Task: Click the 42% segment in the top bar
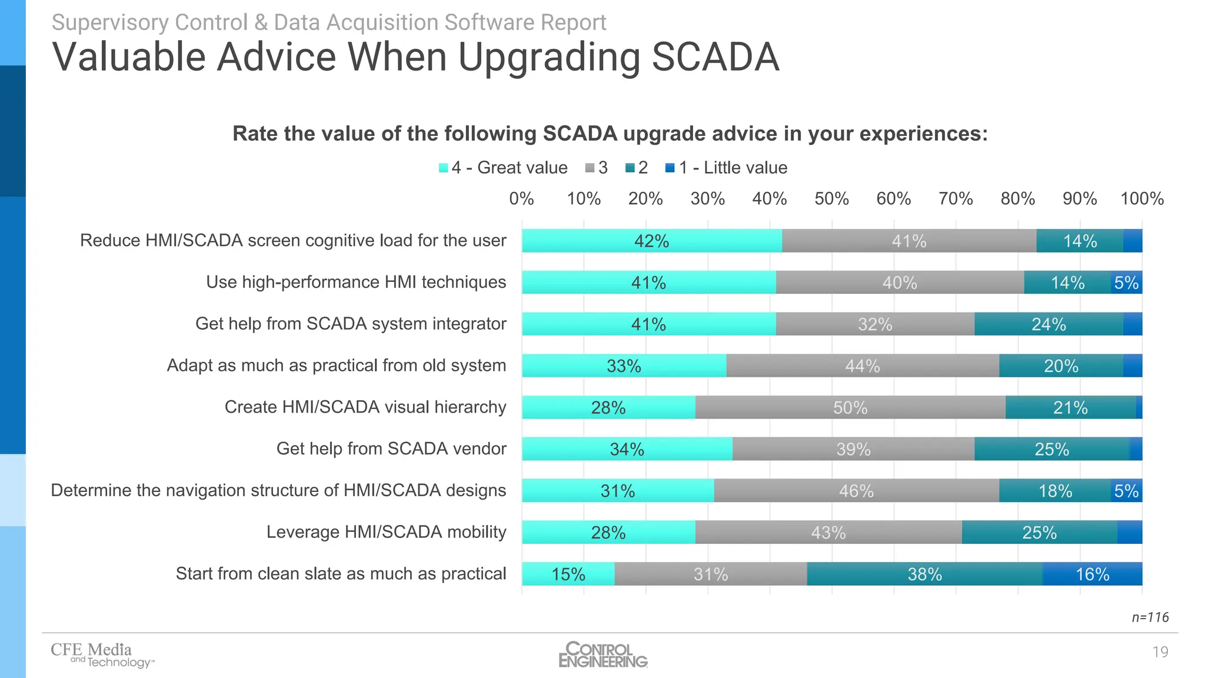pos(651,241)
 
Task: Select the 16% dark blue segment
pos(1092,574)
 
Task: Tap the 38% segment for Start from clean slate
pos(924,574)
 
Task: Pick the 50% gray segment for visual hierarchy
pos(850,407)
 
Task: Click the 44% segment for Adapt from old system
pos(863,365)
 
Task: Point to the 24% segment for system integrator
pos(1048,324)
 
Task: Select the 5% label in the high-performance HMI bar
pos(1126,282)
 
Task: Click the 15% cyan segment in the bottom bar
pos(568,574)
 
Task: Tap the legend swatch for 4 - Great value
pos(444,168)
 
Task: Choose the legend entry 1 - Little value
pos(733,168)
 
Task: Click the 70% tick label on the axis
pos(956,199)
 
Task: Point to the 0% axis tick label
pos(521,199)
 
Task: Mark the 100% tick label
pos(1141,199)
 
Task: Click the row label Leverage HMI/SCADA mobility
pos(386,532)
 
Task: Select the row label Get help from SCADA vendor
pos(391,448)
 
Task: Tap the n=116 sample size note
pos(1150,617)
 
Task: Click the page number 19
pos(1160,652)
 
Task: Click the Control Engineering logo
pos(602,654)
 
